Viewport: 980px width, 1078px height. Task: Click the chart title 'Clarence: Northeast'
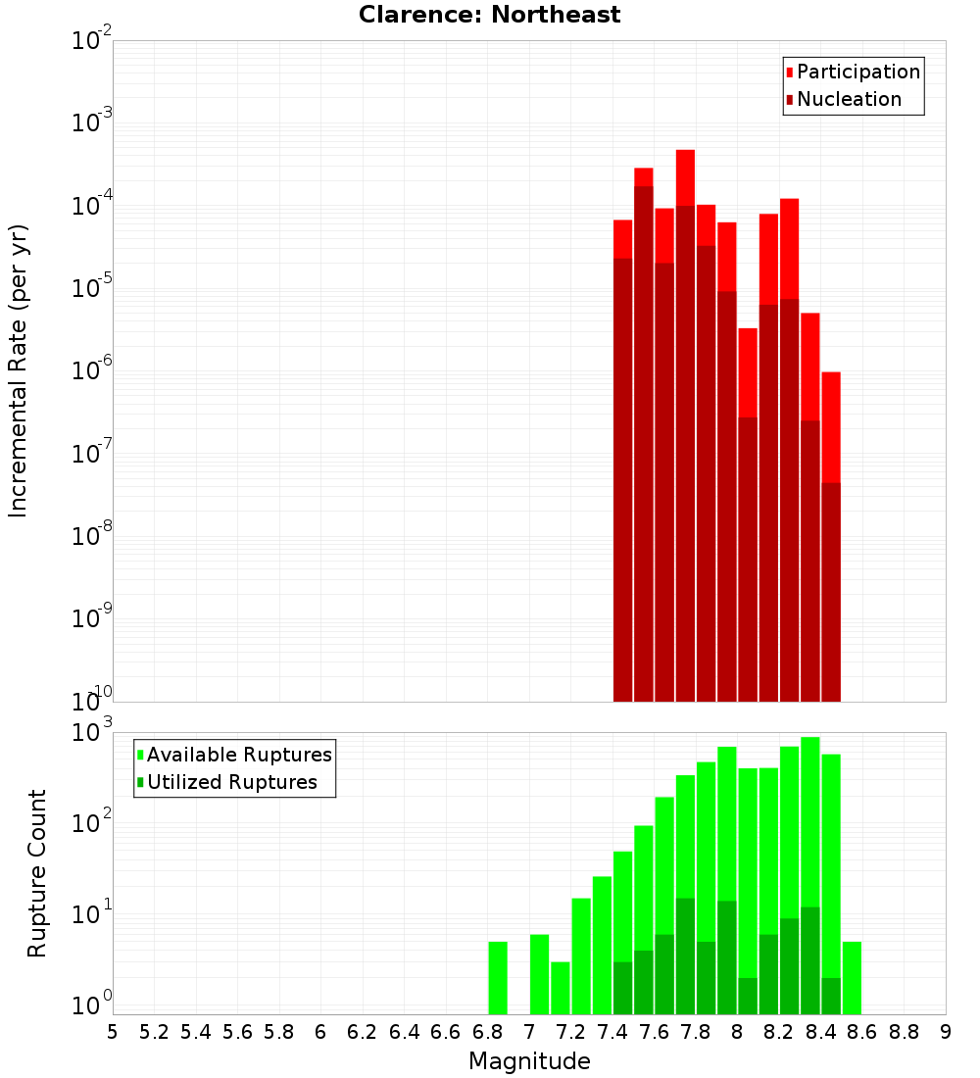[x=489, y=15]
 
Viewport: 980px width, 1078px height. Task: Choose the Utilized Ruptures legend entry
[x=231, y=782]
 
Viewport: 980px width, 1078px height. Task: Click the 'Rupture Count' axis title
[x=37, y=872]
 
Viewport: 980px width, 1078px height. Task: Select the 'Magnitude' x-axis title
[x=529, y=1061]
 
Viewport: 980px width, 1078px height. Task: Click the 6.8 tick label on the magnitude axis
[x=487, y=1032]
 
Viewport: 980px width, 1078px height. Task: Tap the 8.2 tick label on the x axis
[x=779, y=1032]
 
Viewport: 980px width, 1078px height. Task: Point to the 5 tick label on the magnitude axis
[x=113, y=1032]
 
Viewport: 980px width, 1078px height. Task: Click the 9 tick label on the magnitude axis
[x=946, y=1032]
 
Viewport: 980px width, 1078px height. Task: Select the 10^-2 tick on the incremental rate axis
[x=91, y=41]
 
